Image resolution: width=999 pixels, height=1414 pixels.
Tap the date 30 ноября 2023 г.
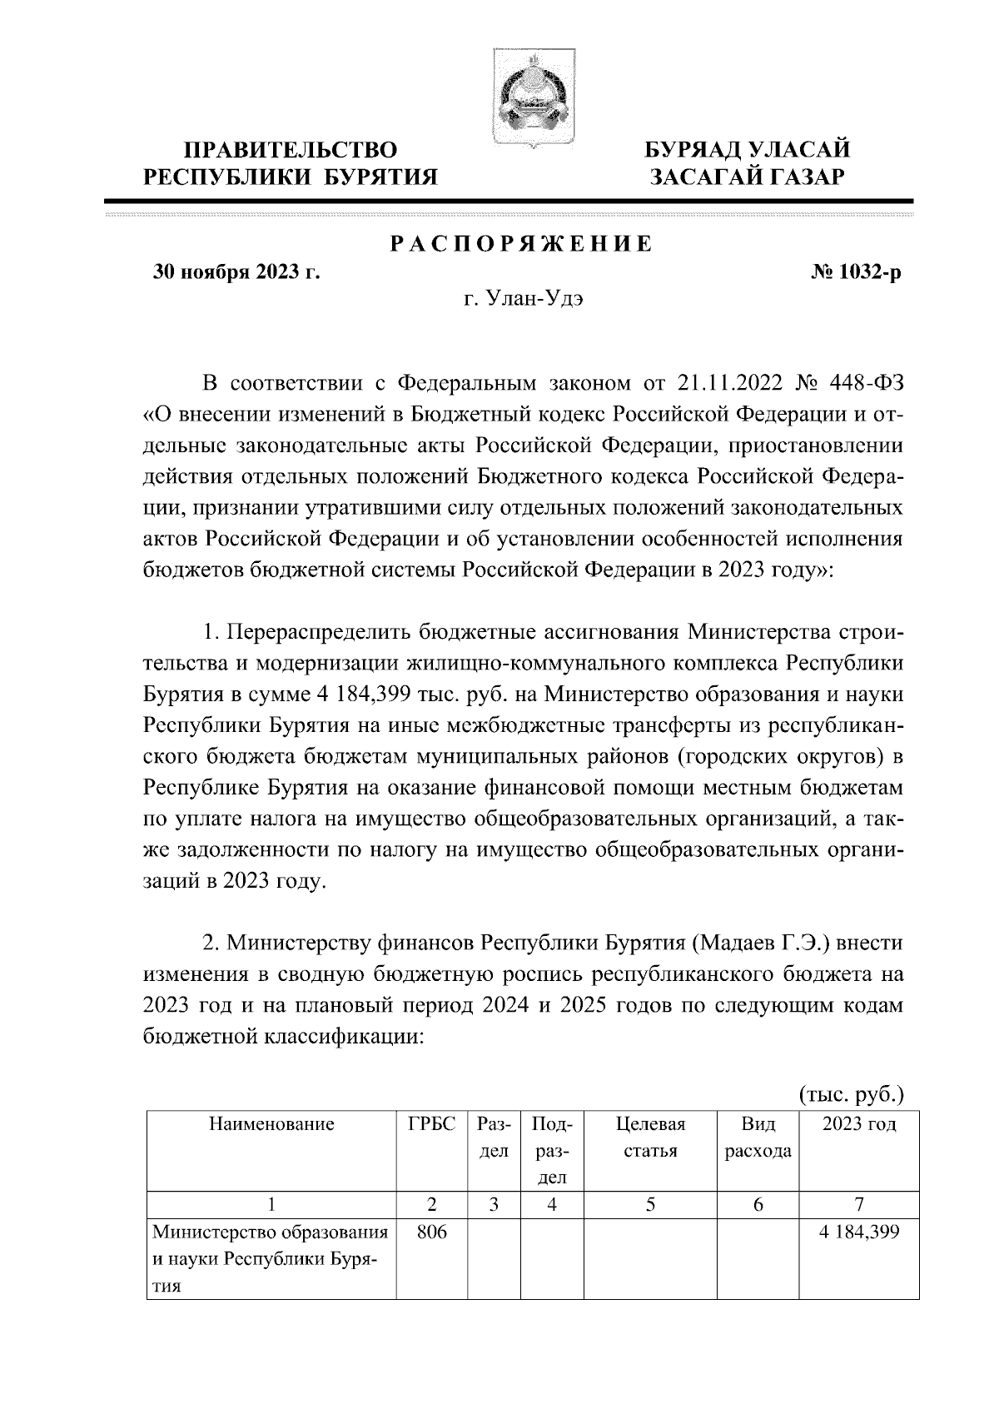coord(237,273)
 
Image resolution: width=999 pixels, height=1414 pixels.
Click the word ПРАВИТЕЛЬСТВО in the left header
coord(291,150)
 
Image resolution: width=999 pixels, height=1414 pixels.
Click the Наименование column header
coord(271,1125)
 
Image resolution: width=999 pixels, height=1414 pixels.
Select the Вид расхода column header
coord(758,1138)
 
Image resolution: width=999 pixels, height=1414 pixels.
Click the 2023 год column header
coord(858,1125)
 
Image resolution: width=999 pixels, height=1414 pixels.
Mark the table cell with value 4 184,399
coord(858,1232)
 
